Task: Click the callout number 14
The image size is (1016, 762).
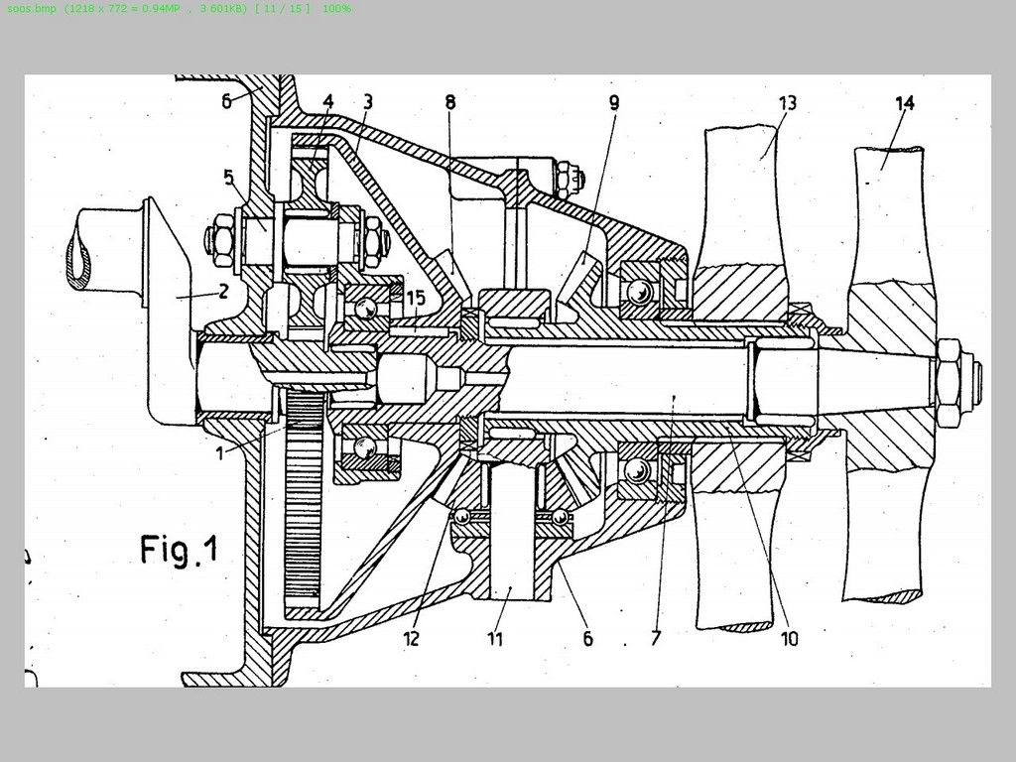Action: [905, 103]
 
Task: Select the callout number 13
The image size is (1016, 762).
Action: [787, 103]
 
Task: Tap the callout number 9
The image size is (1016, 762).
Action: [613, 102]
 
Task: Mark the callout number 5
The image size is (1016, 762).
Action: [229, 177]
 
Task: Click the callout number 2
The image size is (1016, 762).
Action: [223, 291]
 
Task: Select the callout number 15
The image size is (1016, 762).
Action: [416, 298]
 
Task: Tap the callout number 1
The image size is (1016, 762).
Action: [219, 452]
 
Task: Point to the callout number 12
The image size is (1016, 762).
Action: [412, 639]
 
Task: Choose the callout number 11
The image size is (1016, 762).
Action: [495, 639]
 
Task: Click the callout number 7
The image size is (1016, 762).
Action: [655, 638]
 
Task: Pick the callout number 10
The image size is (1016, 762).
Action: [789, 639]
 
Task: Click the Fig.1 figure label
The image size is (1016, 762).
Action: [180, 550]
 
